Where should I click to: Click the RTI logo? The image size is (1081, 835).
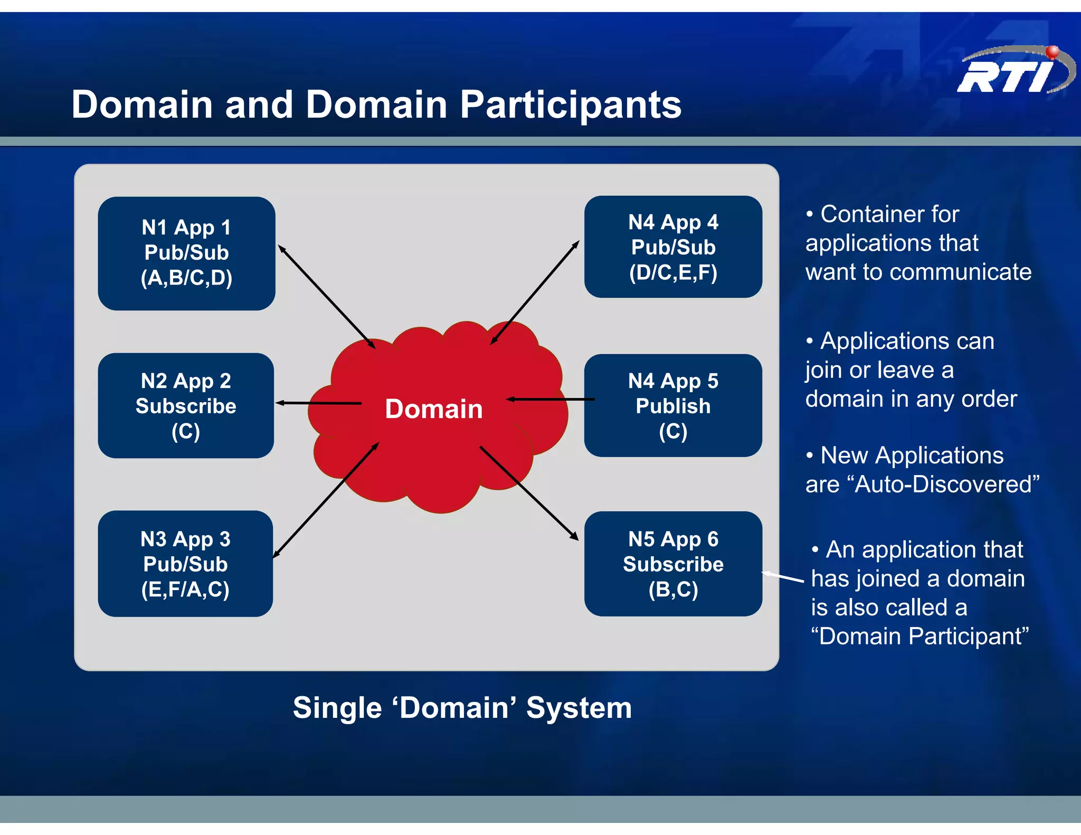tap(1011, 74)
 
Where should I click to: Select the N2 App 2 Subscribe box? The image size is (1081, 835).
tap(186, 405)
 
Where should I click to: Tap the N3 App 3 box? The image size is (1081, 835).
tap(185, 563)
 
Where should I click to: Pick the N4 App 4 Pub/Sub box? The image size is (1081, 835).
tap(673, 246)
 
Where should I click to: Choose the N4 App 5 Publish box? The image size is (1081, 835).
tap(673, 405)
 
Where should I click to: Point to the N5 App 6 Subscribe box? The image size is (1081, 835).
tap(673, 563)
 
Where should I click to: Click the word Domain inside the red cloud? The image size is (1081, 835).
tap(433, 409)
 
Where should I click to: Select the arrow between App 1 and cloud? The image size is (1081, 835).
tap(326, 297)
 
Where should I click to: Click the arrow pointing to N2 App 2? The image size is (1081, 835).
tap(318, 403)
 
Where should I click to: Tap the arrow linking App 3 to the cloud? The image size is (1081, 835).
tap(326, 500)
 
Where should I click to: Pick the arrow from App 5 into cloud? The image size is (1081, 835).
tap(551, 400)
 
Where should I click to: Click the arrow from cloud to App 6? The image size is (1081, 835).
tap(528, 493)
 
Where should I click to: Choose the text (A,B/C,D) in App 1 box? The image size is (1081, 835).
tap(186, 278)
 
